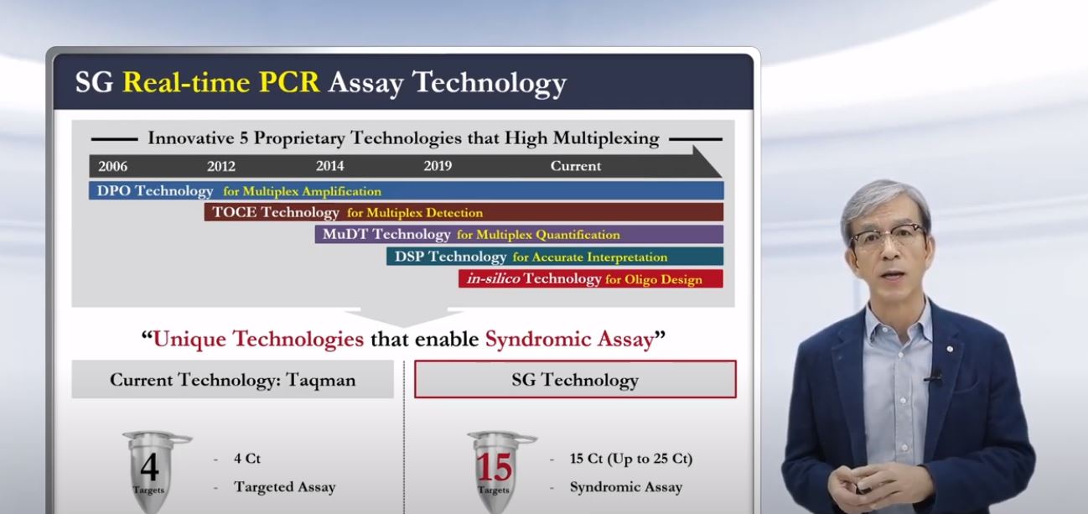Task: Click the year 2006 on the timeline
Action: [x=112, y=166]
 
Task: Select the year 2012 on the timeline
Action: [x=221, y=166]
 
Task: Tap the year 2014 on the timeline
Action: [x=329, y=166]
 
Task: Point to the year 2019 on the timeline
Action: [x=438, y=166]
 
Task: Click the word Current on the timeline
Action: [x=576, y=166]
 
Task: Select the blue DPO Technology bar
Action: [x=406, y=190]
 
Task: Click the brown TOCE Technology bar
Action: [x=464, y=212]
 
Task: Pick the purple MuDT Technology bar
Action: [x=519, y=234]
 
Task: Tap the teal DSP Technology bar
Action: [x=555, y=256]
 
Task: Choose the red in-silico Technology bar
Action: [x=591, y=279]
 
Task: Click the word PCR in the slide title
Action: [x=289, y=81]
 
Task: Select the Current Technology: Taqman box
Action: [x=233, y=380]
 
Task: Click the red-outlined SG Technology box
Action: [x=575, y=361]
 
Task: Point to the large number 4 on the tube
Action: [x=149, y=467]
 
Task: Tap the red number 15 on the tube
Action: [x=494, y=467]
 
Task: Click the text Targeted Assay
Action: [x=285, y=487]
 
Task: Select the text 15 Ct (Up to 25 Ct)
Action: [x=631, y=459]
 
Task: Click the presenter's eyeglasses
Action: [x=888, y=236]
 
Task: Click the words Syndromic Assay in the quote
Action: [x=569, y=339]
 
